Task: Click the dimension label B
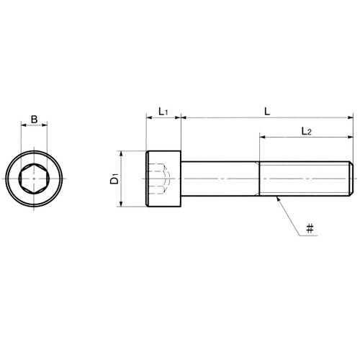pos(35,120)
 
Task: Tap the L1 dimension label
pos(163,112)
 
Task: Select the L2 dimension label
pos(306,131)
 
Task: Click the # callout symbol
pos(310,228)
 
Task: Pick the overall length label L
pos(267,112)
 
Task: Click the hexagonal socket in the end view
pos(35,179)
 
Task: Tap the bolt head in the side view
pos(163,179)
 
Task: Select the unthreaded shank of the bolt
pos(220,179)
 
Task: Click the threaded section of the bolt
pos(305,179)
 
